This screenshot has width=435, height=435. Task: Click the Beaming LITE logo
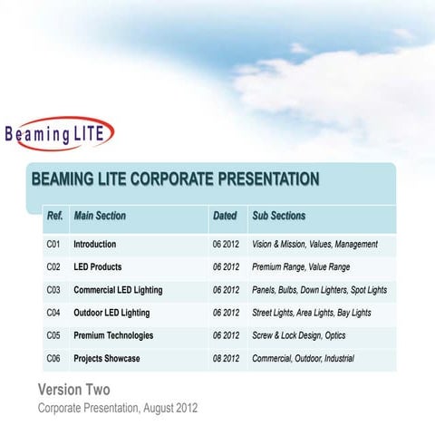click(x=59, y=134)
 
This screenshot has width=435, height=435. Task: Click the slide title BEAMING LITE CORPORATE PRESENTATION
click(x=175, y=179)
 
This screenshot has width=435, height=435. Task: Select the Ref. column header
click(x=54, y=217)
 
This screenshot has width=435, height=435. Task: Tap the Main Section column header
click(x=100, y=217)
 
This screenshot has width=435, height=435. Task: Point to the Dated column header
click(x=225, y=217)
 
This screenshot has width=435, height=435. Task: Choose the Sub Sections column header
click(x=278, y=217)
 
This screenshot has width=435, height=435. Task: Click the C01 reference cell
click(x=53, y=245)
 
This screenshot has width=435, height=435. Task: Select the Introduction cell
click(x=94, y=245)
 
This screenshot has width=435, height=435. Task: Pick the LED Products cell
click(x=97, y=267)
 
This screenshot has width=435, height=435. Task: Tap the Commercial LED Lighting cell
click(x=118, y=290)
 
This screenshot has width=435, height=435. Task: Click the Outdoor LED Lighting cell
click(x=111, y=313)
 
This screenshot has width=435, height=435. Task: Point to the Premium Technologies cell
click(x=113, y=335)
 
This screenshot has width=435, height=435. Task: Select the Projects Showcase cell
click(x=106, y=359)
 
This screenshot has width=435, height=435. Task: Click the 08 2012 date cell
click(x=226, y=359)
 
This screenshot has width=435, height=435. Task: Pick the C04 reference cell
click(x=53, y=313)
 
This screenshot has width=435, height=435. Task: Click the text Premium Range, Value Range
click(x=300, y=267)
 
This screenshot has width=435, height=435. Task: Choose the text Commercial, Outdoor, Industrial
click(x=303, y=359)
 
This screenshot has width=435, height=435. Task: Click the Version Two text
click(x=73, y=390)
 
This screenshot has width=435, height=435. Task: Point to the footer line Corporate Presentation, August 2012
click(x=117, y=408)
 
